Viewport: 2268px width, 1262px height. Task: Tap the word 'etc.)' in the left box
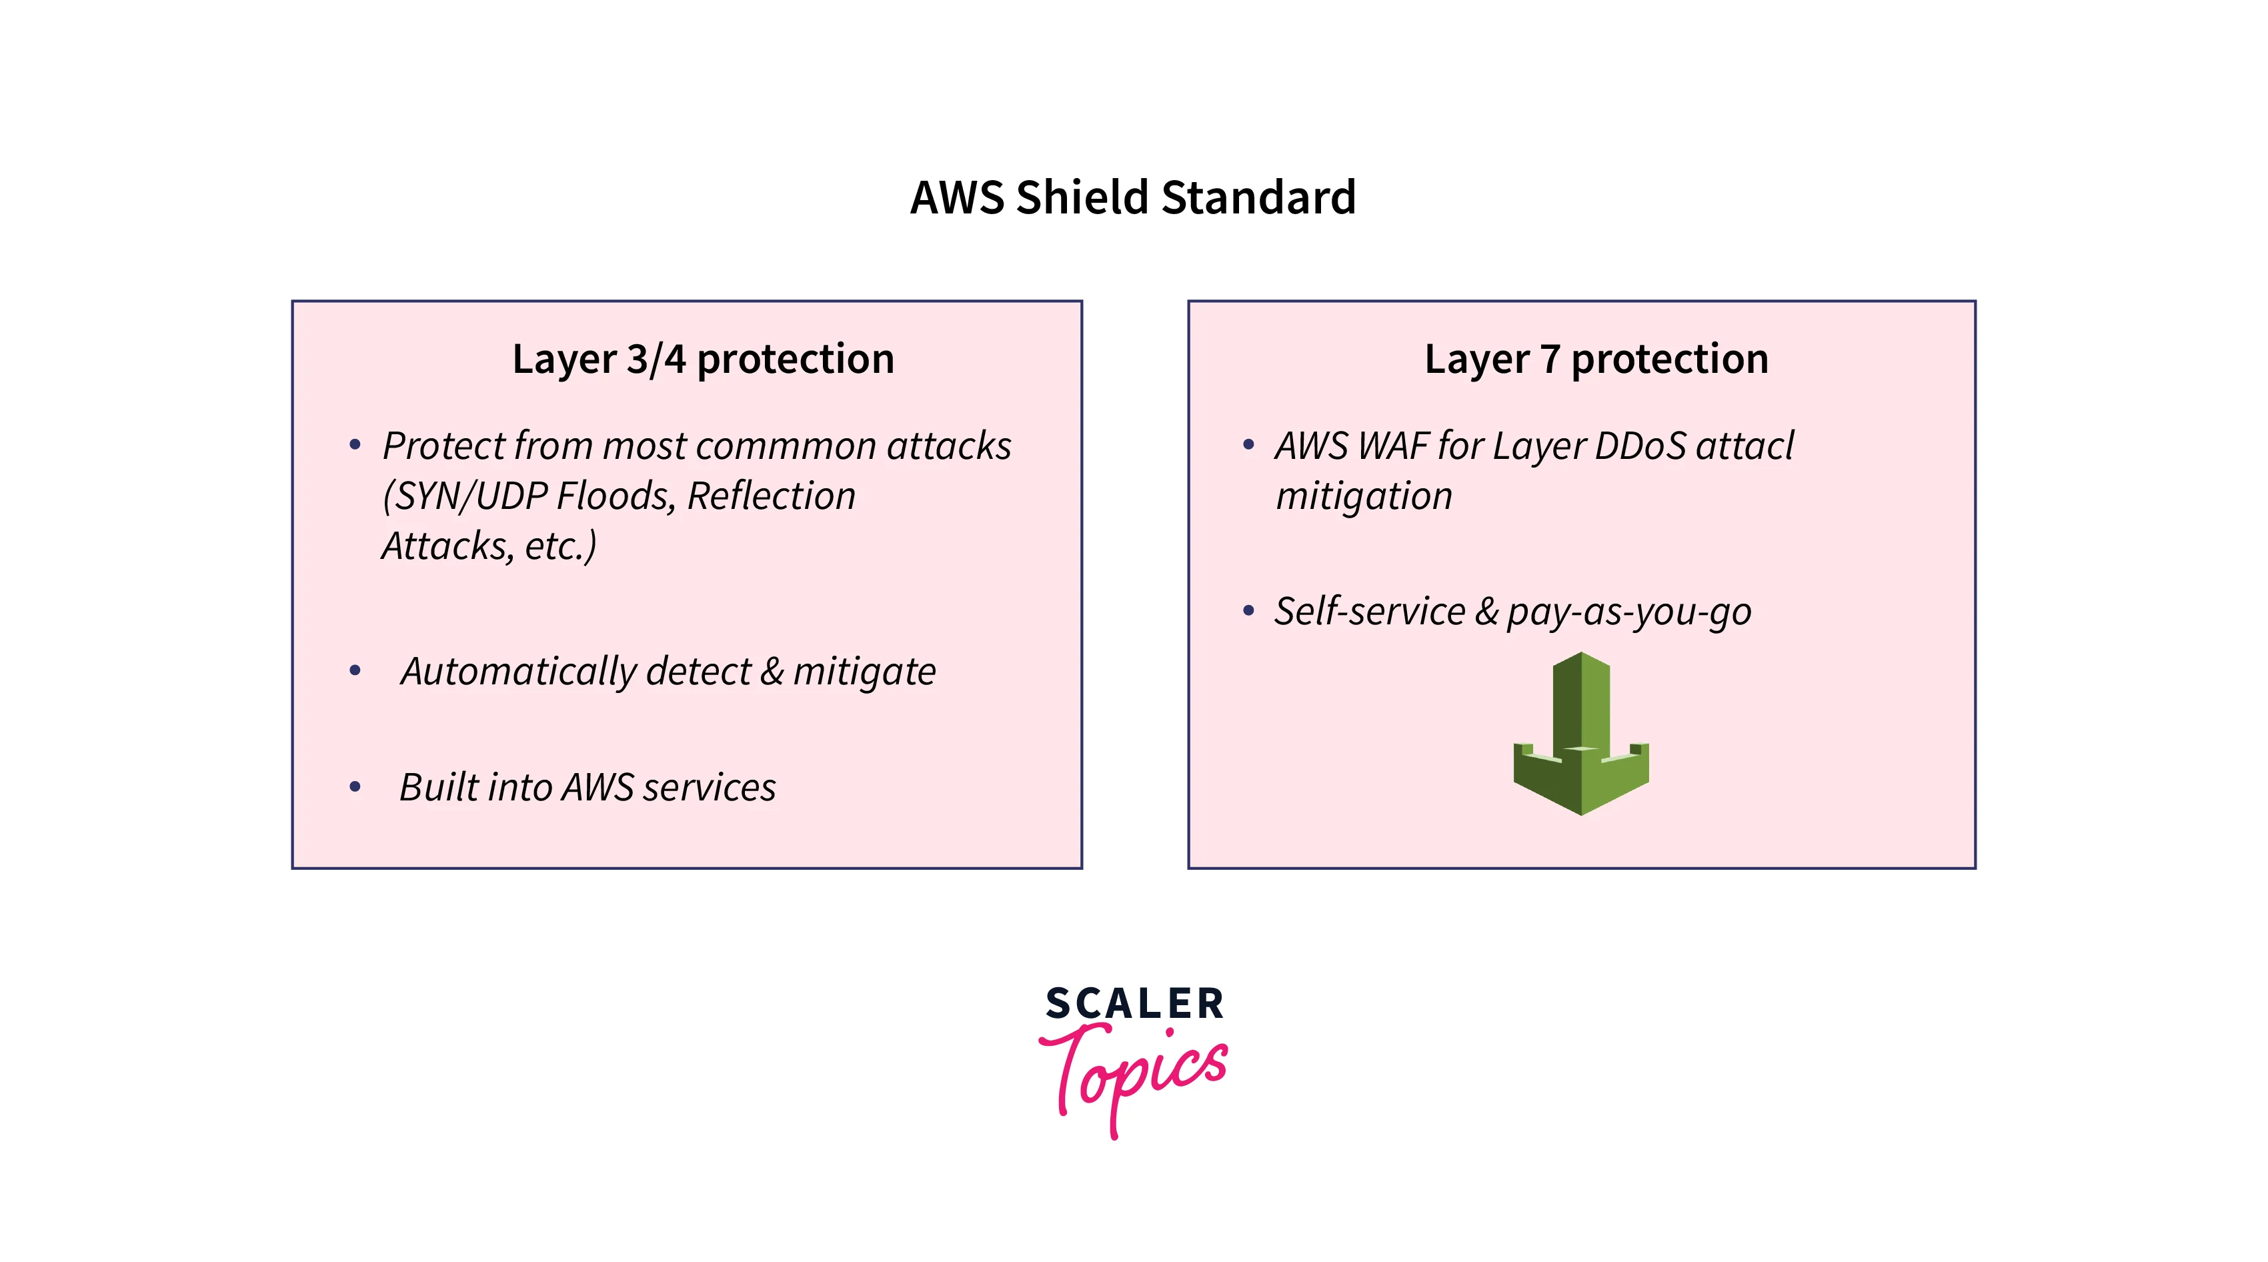pyautogui.click(x=560, y=546)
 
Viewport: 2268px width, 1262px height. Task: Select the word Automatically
pyautogui.click(x=517, y=672)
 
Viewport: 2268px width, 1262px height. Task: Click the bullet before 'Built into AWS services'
pyautogui.click(x=355, y=787)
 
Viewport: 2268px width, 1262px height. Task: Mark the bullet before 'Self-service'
pyautogui.click(x=1248, y=611)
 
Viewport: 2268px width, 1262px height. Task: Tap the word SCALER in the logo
pyautogui.click(x=1134, y=1004)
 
